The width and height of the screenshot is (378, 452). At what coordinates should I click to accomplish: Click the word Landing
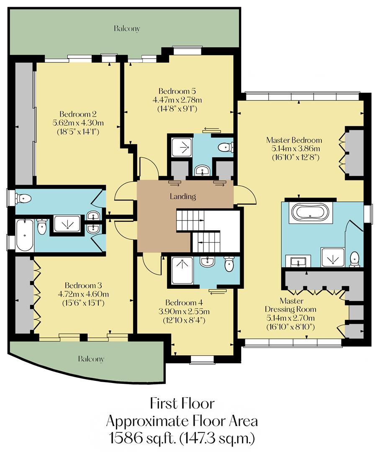coord(183,196)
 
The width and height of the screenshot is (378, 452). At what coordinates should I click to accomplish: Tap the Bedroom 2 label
coord(78,114)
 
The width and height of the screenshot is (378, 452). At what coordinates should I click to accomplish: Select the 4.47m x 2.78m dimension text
coord(177,100)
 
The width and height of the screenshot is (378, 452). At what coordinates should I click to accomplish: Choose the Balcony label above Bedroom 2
coord(126,29)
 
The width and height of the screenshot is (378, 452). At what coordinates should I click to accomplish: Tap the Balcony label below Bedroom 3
coord(91,359)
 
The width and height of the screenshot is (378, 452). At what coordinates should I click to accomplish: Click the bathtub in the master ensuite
coord(310,212)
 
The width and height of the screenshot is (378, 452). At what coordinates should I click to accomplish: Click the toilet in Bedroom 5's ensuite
coord(226,147)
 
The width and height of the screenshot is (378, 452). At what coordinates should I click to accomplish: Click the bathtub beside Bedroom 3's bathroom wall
coord(25,235)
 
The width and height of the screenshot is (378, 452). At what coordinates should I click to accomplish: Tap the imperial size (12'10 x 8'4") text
coord(187,320)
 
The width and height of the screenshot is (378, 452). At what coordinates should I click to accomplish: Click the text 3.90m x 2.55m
coord(187,311)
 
